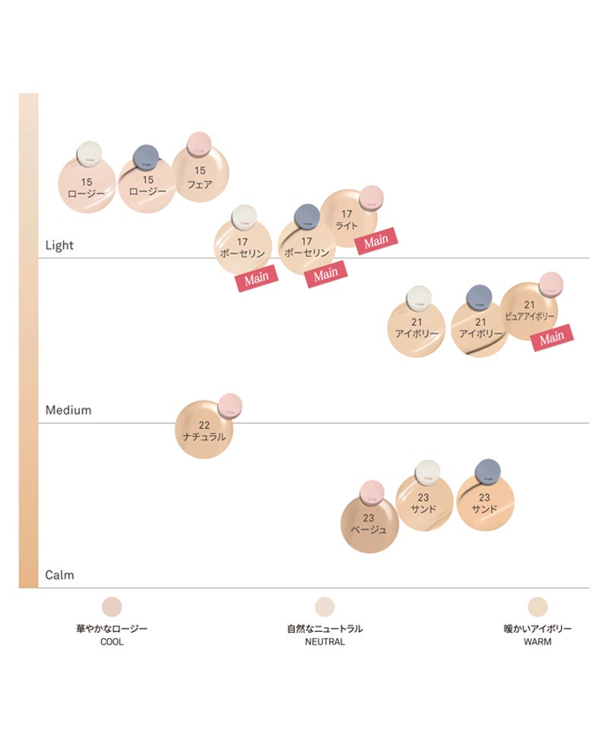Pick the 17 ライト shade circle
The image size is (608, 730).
[348, 219]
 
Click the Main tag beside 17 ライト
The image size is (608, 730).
[377, 241]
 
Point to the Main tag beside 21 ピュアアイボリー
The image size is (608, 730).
[552, 337]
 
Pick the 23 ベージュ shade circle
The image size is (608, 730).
[369, 524]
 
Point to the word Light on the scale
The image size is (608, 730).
[60, 246]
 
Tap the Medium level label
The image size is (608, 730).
[68, 411]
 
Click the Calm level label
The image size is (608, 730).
[60, 576]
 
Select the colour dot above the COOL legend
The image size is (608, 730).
[112, 606]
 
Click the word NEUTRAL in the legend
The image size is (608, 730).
[325, 642]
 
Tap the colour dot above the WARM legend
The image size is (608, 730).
[537, 606]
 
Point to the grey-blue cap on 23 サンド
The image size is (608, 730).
[486, 472]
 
